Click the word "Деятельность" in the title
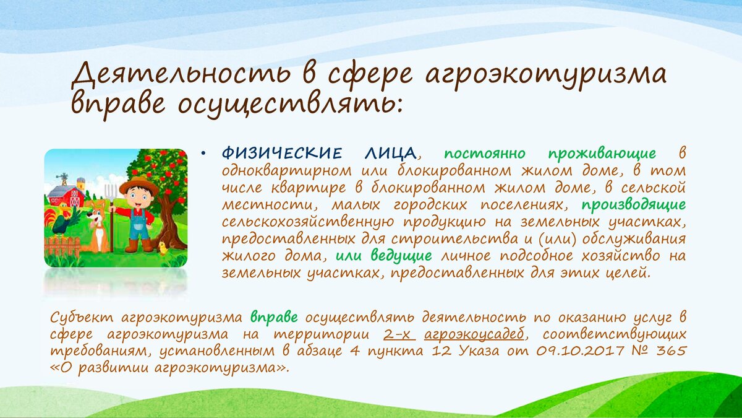coord(181,77)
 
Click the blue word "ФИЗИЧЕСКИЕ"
coord(281,154)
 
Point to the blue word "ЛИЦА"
coord(391,154)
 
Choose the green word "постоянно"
coord(485,154)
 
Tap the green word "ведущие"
coord(401,256)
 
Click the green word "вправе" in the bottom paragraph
coord(274,318)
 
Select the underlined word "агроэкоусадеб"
coord(474,334)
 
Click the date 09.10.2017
coord(581,351)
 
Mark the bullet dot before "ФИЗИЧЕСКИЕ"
coord(203,154)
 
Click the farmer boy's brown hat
coord(139,186)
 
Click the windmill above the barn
coord(62,179)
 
